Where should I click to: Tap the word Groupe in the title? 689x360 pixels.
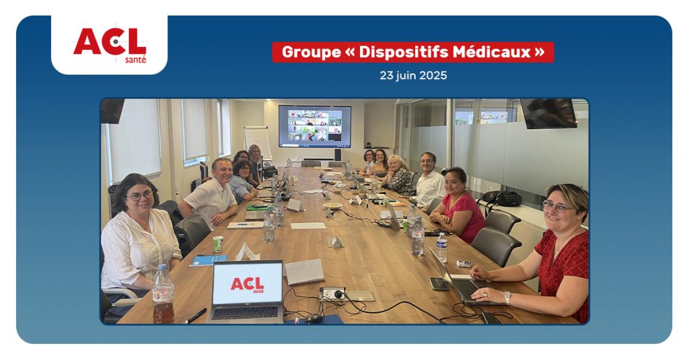tap(311, 52)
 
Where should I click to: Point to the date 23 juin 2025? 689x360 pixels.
tap(413, 75)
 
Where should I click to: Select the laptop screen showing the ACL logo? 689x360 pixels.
tap(248, 283)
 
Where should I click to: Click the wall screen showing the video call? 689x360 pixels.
tap(315, 126)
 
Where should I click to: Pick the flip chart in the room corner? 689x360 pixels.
tap(258, 141)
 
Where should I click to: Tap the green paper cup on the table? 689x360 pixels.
tap(218, 244)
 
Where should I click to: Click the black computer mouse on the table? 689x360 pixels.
tap(314, 319)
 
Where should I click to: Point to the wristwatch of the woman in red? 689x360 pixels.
tap(507, 297)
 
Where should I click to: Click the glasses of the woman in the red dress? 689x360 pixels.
tap(557, 207)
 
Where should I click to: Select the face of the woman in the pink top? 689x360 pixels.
tap(454, 183)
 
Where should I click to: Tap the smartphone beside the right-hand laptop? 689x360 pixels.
tap(438, 283)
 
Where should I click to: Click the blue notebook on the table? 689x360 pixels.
tap(209, 260)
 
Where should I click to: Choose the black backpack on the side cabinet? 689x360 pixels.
tap(502, 199)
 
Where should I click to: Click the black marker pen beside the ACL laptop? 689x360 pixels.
tap(196, 316)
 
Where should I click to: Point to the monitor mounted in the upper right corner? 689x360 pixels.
tap(549, 113)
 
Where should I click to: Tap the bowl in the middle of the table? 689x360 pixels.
tap(332, 206)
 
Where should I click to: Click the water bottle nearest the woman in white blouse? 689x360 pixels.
tap(163, 293)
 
